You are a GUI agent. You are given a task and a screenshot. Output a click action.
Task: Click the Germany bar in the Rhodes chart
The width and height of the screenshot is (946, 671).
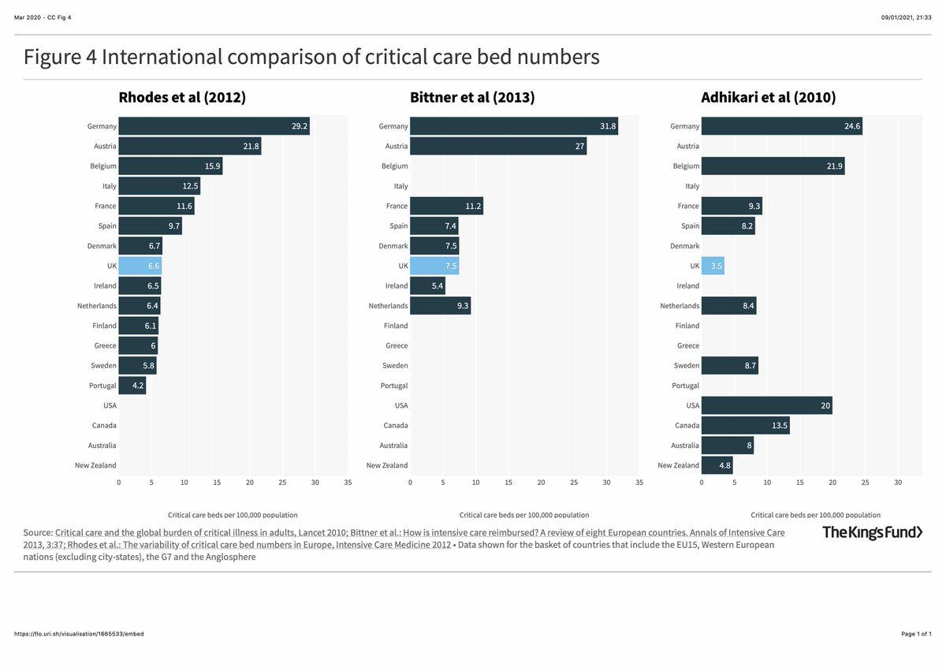click(214, 126)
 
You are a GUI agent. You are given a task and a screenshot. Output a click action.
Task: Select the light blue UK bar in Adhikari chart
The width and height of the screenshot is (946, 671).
click(713, 266)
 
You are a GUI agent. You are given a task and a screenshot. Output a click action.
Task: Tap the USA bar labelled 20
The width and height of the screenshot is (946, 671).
click(766, 405)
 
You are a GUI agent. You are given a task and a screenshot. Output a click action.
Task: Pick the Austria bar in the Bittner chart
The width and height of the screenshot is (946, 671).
click(498, 146)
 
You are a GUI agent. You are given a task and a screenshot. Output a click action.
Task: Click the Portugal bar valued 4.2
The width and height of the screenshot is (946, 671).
click(132, 386)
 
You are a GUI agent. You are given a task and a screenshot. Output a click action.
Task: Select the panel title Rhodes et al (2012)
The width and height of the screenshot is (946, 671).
click(182, 98)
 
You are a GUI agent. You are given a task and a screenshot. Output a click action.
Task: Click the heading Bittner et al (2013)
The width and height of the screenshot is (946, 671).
click(472, 98)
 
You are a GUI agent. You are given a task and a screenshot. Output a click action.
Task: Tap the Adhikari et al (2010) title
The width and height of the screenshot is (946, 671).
click(769, 98)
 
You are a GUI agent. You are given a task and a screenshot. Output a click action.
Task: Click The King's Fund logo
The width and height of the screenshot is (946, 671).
click(872, 532)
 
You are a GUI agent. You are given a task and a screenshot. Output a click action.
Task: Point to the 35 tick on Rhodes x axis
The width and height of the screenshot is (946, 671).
click(348, 482)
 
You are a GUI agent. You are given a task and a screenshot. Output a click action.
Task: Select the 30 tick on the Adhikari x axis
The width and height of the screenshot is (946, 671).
click(898, 482)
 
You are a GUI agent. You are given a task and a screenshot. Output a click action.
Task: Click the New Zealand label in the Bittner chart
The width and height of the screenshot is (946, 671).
click(387, 465)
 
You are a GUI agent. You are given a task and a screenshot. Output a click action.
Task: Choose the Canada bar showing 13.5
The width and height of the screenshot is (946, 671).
click(745, 426)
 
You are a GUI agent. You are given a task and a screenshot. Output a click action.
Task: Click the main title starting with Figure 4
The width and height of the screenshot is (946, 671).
click(311, 58)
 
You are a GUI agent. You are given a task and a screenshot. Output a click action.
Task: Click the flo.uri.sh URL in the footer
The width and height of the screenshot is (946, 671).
click(79, 634)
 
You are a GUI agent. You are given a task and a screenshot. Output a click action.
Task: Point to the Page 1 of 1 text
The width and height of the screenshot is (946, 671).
click(916, 634)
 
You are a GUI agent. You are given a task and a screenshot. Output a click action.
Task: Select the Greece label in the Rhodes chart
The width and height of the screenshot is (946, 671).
click(105, 345)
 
